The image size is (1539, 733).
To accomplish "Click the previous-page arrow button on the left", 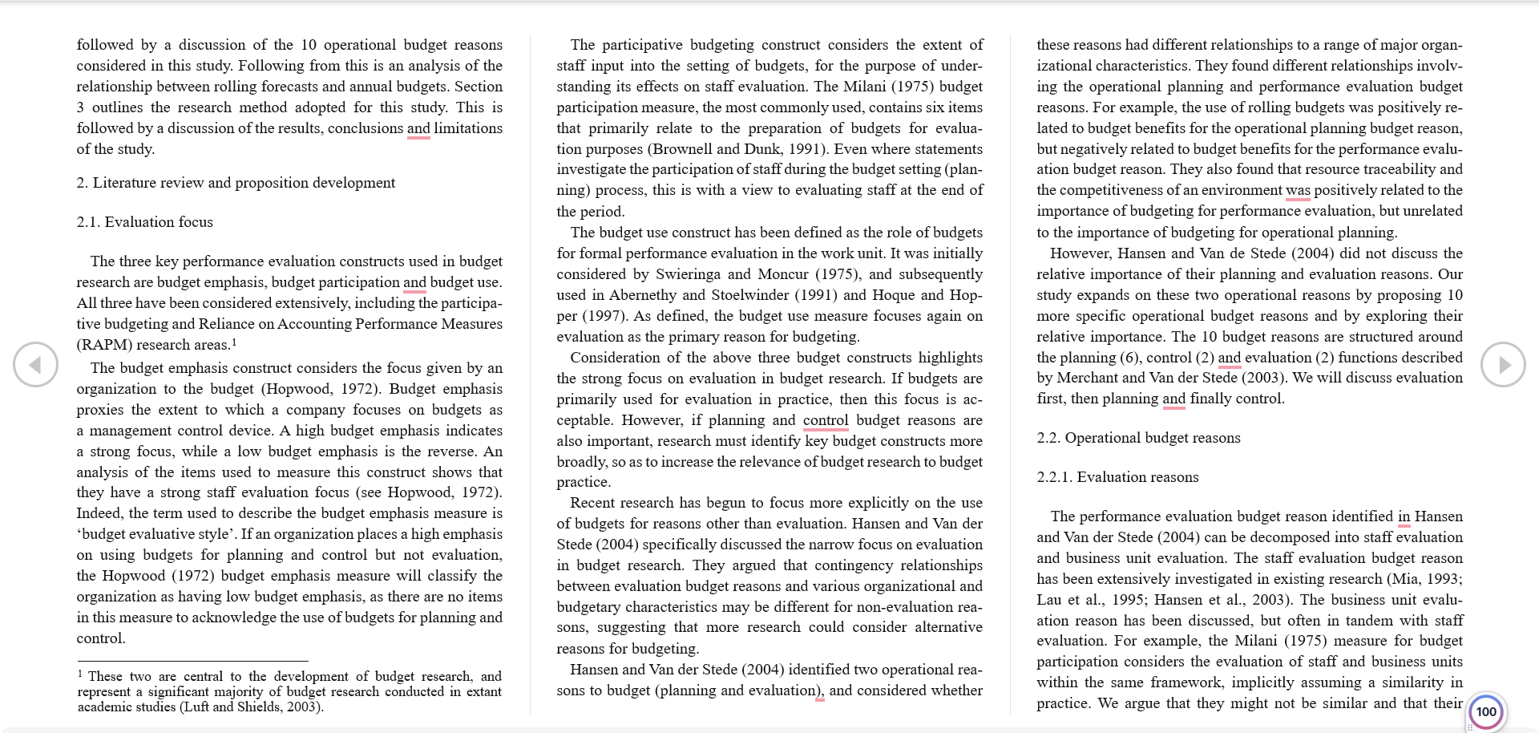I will pos(35,365).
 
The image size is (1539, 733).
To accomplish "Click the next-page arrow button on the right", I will pos(1503,365).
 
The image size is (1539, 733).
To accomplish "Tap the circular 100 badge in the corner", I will pos(1486,711).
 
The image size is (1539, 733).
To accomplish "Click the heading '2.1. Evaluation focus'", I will pos(145,222).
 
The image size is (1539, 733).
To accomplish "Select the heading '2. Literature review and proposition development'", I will pos(236,183).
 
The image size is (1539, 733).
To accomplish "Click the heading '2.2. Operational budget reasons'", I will pos(1138,438).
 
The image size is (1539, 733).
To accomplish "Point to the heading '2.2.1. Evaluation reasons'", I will pos(1117,477).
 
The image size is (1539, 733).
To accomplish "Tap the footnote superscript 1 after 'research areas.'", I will pos(234,342).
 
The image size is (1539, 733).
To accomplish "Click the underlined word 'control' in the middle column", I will pos(826,420).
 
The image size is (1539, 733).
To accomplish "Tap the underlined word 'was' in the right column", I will pos(1298,190).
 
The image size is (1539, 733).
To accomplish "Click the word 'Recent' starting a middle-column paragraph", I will pos(593,503).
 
